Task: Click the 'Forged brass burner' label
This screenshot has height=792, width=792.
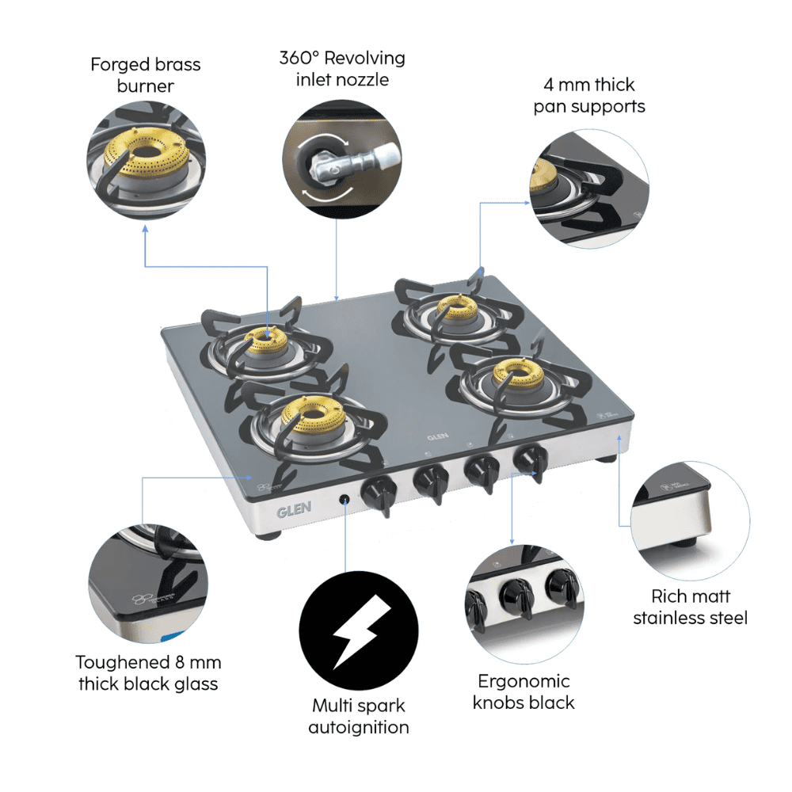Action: pyautogui.click(x=145, y=75)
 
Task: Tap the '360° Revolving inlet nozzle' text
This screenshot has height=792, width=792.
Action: pyautogui.click(x=341, y=69)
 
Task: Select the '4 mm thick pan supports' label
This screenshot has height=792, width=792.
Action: pyautogui.click(x=588, y=95)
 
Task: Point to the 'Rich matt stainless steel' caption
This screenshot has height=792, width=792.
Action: pyautogui.click(x=690, y=607)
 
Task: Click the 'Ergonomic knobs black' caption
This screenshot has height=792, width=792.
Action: pyautogui.click(x=524, y=691)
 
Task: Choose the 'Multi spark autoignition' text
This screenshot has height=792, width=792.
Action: pyautogui.click(x=359, y=716)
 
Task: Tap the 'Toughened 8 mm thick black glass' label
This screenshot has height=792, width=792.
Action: pyautogui.click(x=148, y=672)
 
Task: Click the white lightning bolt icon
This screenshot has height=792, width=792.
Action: pyautogui.click(x=359, y=629)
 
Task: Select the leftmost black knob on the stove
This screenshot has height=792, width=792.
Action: pyautogui.click(x=375, y=495)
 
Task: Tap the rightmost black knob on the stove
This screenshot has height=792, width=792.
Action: pyautogui.click(x=527, y=459)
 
